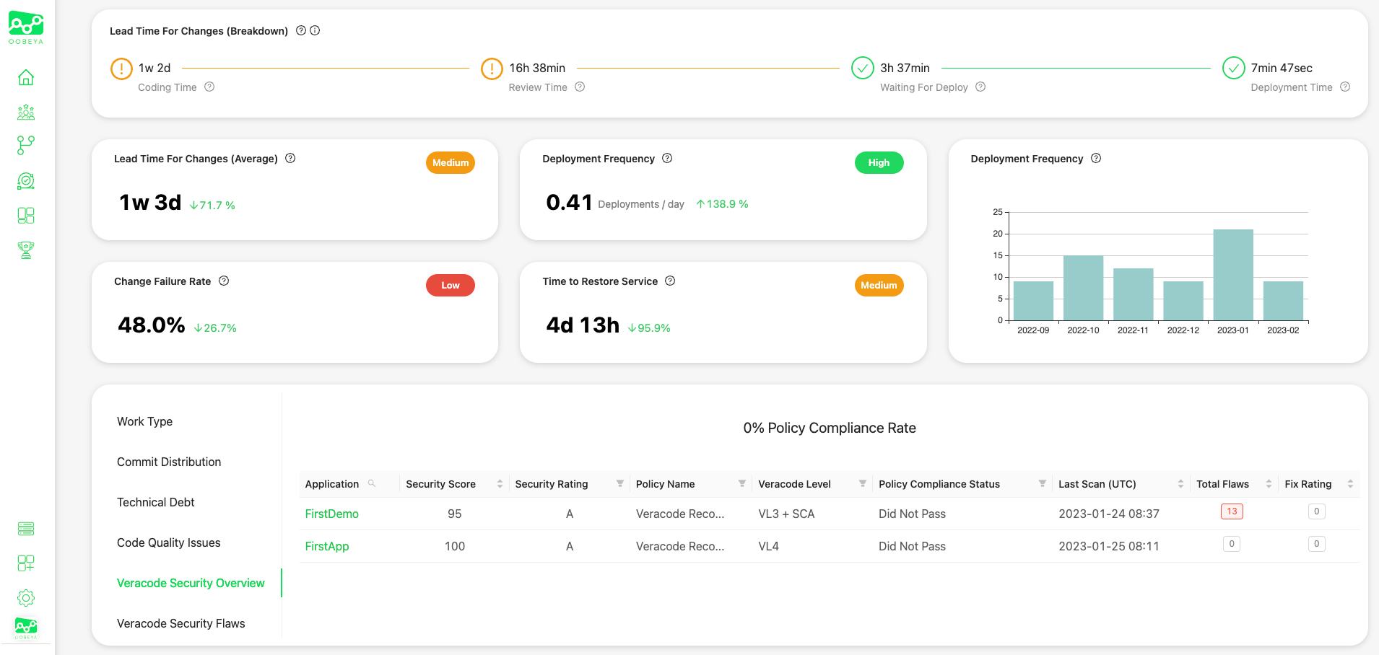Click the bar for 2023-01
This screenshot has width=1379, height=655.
coord(1232,275)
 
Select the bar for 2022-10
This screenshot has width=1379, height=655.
coord(1083,288)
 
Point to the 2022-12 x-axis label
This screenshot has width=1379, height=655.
coord(1183,330)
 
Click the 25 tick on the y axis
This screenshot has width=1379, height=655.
coord(998,212)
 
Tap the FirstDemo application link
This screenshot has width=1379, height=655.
coord(331,514)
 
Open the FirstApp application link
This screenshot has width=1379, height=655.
coord(326,546)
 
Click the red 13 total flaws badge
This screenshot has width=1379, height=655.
coord(1232,511)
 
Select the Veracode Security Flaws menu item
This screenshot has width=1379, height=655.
coord(180,623)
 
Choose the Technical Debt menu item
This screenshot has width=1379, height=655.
coord(155,502)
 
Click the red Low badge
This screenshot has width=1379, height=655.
coord(450,286)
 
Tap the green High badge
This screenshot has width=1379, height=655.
coord(879,163)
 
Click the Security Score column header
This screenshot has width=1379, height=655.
coord(440,484)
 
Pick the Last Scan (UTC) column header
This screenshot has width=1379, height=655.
coord(1097,484)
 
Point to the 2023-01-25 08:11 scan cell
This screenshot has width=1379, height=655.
coord(1108,546)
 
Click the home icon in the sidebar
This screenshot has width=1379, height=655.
coord(26,77)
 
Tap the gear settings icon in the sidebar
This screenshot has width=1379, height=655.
coord(26,598)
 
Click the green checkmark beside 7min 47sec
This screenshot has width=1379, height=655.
coord(1233,68)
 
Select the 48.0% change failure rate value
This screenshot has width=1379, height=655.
coord(152,325)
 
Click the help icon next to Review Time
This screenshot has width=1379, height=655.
coord(580,87)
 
